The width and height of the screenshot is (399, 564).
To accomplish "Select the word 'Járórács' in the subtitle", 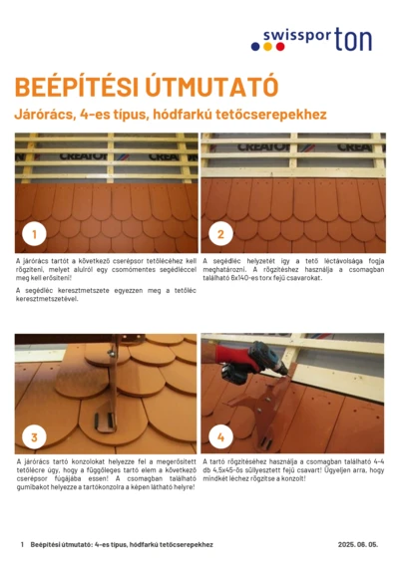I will point(42,115).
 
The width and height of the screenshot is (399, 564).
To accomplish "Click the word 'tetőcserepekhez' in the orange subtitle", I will point(268,115).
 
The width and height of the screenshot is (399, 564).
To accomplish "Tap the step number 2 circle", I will point(220,234).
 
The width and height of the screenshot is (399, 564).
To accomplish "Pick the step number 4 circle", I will point(220,436).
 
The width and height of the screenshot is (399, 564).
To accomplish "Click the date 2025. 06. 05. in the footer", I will point(359,545).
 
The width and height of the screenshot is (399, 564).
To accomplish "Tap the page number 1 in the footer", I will point(22,545).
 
